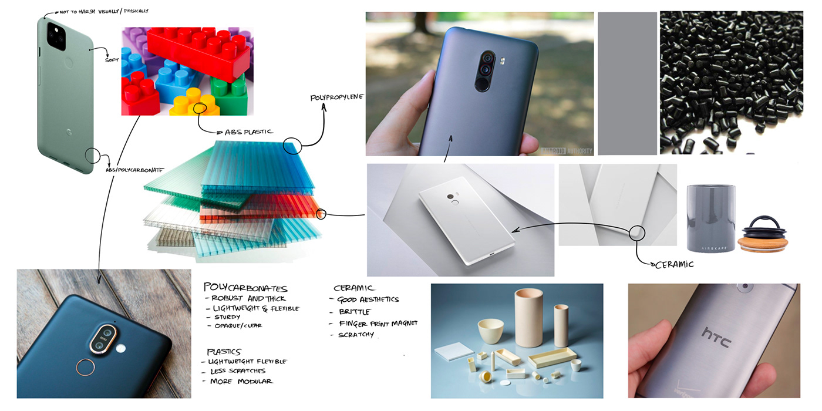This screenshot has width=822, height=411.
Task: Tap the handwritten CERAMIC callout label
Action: click(x=673, y=264)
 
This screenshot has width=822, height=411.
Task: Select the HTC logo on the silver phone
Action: click(x=716, y=336)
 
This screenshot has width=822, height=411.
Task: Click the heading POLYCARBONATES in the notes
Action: click(x=245, y=288)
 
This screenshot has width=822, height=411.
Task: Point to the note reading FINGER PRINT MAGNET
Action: click(x=378, y=324)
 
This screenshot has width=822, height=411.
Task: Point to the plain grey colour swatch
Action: click(x=627, y=83)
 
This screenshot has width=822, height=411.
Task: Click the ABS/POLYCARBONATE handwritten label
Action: click(x=134, y=170)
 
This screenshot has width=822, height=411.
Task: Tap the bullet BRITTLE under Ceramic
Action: click(x=355, y=312)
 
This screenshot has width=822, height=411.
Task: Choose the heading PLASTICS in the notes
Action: click(x=224, y=351)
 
